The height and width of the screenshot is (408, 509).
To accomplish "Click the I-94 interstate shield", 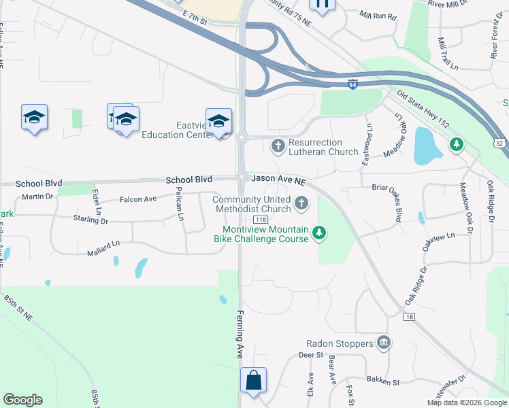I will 352,84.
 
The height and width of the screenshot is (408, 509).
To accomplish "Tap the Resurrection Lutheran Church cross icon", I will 278,146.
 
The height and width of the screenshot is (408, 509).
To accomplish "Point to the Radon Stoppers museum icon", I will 384,341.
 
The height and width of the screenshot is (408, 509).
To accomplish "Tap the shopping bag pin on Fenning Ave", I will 253,381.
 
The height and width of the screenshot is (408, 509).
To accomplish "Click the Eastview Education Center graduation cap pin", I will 218,122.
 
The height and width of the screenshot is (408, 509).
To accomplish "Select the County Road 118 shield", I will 261,220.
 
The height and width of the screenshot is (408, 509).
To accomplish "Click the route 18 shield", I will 408,317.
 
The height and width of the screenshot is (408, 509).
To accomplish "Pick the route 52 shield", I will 500,143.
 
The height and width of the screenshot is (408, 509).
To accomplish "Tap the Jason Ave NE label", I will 279,178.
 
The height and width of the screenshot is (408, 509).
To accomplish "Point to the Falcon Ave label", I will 138,199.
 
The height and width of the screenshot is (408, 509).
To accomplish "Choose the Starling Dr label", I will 91,219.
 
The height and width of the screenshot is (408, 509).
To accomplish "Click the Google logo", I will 23,400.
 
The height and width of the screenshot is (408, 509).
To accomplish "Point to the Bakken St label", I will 383,382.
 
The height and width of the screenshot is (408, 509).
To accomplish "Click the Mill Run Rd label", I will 377,15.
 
